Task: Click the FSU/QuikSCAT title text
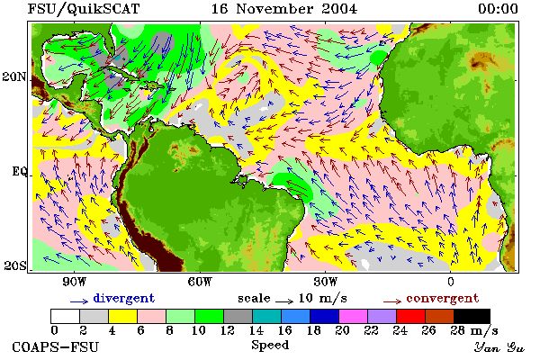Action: (84, 9)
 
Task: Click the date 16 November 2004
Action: (284, 9)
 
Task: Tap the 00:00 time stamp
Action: (498, 9)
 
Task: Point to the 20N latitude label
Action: (14, 76)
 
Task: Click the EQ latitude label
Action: (20, 171)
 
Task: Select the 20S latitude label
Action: (15, 265)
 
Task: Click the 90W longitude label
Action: (75, 282)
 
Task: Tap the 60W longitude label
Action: (200, 282)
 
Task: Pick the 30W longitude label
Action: (326, 282)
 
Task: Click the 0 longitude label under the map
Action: (451, 282)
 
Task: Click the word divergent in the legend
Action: (124, 299)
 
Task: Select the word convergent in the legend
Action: (443, 299)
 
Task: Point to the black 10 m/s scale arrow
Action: (284, 301)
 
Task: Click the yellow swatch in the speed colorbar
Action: (123, 316)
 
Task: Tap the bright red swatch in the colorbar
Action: (410, 316)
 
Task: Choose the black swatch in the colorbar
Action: (472, 316)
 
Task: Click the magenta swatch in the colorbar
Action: (353, 316)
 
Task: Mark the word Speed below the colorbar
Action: (270, 346)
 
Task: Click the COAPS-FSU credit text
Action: (56, 346)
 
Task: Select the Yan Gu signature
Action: (499, 347)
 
